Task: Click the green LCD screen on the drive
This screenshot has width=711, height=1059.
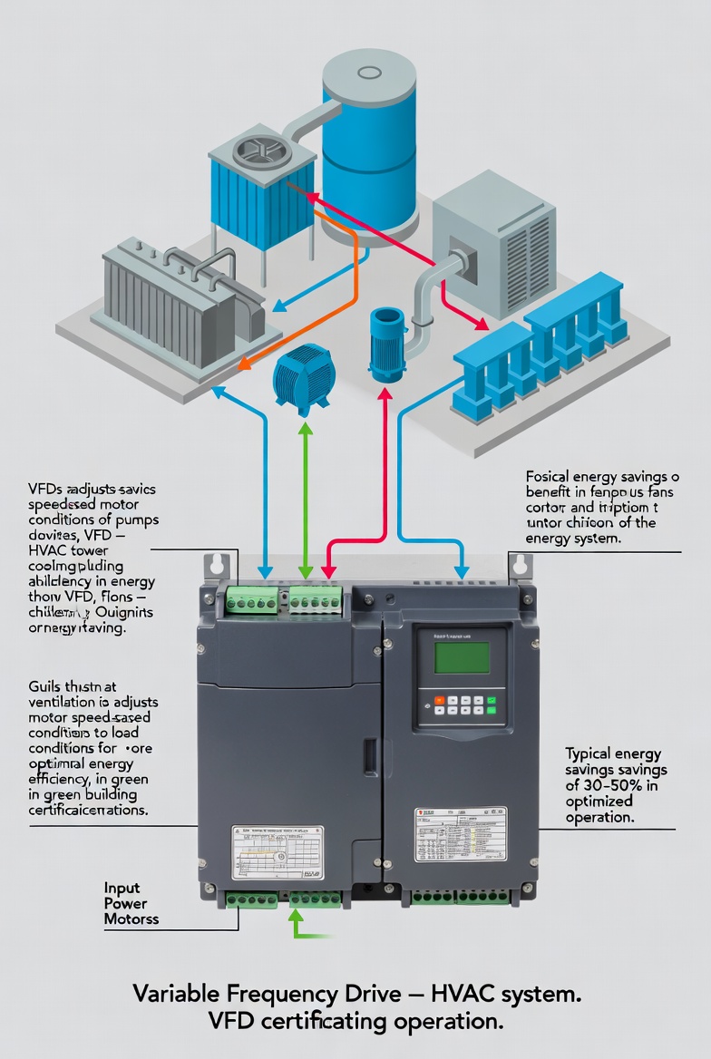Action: (462, 656)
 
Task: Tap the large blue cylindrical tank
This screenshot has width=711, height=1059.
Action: (369, 145)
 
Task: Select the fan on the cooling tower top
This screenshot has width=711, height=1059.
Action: (262, 153)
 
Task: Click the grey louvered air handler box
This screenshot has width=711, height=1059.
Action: (493, 246)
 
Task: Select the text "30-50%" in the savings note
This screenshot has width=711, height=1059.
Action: (617, 786)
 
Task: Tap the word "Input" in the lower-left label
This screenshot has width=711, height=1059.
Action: (122, 888)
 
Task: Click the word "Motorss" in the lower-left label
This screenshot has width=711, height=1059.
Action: (131, 919)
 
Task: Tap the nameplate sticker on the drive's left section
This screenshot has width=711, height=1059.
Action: (277, 852)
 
